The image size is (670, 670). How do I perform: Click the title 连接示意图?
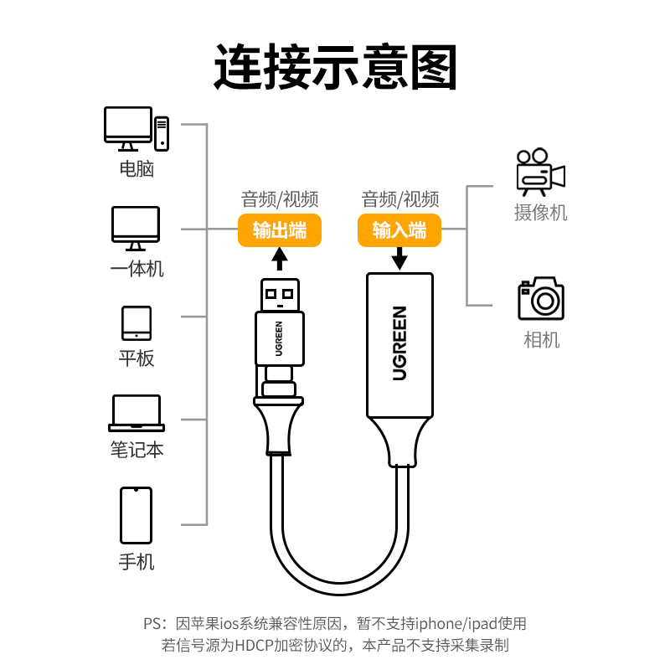(336, 67)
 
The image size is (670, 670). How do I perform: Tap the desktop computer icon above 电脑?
(137, 129)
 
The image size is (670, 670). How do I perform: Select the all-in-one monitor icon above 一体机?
(136, 228)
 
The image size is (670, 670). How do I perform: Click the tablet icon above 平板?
(137, 323)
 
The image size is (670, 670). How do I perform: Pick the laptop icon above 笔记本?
(137, 413)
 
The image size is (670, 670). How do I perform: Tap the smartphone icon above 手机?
(136, 515)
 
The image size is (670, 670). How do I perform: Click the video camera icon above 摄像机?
(540, 172)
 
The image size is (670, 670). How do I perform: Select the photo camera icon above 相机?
(541, 298)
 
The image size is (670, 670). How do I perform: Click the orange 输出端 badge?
(280, 230)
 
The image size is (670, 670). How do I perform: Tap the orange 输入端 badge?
(399, 230)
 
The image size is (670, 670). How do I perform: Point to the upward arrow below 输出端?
(280, 259)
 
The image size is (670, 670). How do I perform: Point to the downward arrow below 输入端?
(399, 259)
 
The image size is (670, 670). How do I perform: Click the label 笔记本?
(137, 450)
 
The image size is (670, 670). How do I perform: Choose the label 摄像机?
(540, 213)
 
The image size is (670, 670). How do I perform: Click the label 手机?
(137, 561)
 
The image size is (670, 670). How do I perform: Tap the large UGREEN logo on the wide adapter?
(399, 343)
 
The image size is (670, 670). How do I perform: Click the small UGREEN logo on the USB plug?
(279, 339)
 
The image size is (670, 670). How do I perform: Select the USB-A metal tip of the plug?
(280, 296)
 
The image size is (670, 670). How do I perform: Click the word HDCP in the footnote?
(254, 645)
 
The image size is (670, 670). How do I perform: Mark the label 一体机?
(137, 269)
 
